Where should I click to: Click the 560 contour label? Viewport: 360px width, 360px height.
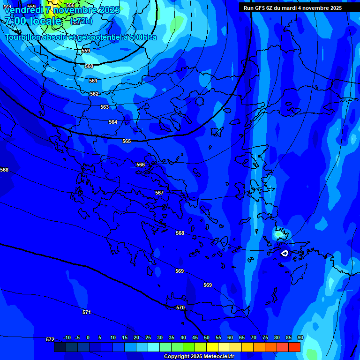pos(89,66)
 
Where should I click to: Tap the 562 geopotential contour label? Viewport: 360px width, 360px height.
pos(94,94)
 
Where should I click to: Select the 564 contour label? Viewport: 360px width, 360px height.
pos(113,122)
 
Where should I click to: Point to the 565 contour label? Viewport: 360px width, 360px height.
pos(127,141)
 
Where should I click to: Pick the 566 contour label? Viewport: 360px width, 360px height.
pos(141,165)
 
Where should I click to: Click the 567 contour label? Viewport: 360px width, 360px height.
pos(159,193)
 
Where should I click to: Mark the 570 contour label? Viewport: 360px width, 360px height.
pos(180,307)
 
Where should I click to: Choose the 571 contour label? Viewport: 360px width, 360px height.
pos(87,312)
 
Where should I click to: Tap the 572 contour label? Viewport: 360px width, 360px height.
pos(50,339)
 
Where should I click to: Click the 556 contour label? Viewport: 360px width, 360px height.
pos(70,5)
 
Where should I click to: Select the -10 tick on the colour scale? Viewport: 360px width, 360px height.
pos(67,337)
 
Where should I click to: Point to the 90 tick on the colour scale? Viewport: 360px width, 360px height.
pos(300,337)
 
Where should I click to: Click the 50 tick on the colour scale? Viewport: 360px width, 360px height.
pos(207,337)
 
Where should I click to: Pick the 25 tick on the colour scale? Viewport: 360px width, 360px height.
pos(148,337)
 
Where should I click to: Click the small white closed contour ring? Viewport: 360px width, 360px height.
pos(285,253)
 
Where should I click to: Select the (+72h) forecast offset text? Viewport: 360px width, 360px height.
pos(81,21)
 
